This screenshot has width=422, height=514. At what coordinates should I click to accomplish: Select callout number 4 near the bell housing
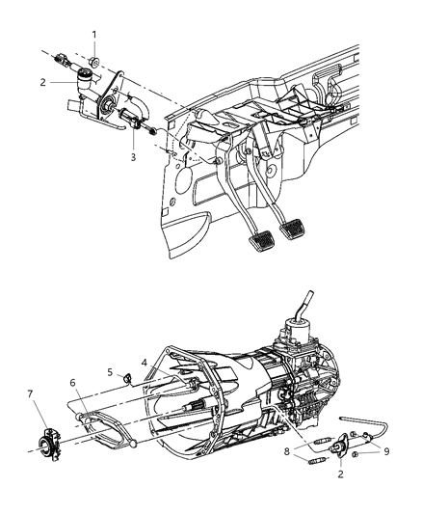pyautogui.click(x=145, y=363)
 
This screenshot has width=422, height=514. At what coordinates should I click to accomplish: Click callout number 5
pyautogui.click(x=110, y=371)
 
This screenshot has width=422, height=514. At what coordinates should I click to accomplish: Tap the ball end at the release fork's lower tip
pyautogui.click(x=128, y=446)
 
